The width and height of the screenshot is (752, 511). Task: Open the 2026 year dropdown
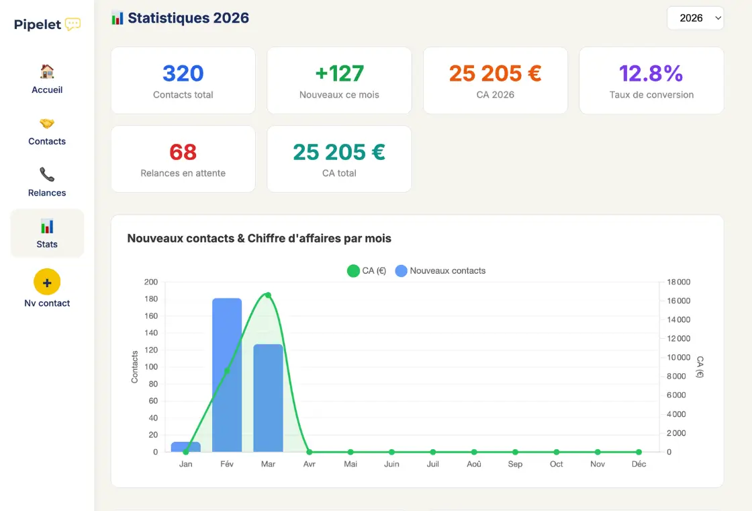(x=695, y=18)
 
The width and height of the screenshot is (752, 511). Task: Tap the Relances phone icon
(x=47, y=175)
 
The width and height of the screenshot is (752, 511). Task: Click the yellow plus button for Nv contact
(x=47, y=282)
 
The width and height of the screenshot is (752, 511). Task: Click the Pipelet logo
(x=47, y=25)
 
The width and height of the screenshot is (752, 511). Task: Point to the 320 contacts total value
(x=183, y=73)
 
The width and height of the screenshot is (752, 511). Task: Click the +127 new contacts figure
(x=339, y=73)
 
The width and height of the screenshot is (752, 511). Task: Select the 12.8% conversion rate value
(x=651, y=73)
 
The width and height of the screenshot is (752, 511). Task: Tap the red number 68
(x=183, y=152)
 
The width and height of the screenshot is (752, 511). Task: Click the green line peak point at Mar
(x=268, y=295)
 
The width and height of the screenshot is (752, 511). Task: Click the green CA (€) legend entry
(x=366, y=271)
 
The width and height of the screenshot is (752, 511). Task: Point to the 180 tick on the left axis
(x=151, y=299)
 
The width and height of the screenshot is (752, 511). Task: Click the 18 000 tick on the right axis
(x=678, y=282)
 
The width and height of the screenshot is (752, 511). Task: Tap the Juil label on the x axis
(x=432, y=464)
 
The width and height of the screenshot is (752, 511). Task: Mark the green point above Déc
(x=639, y=452)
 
